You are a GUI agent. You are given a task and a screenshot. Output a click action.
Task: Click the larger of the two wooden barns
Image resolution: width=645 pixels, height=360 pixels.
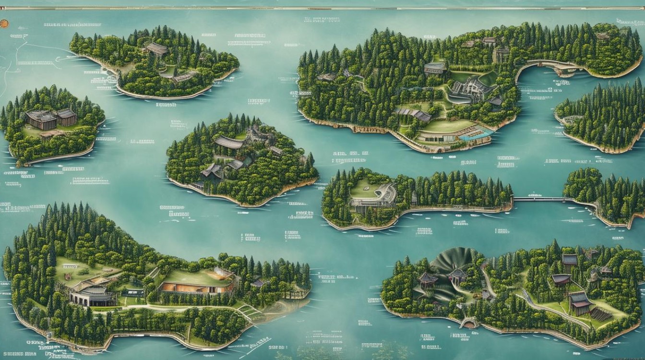pyautogui.click(x=41, y=120)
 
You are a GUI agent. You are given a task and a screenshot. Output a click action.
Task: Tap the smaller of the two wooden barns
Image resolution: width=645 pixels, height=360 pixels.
pyautogui.click(x=67, y=116)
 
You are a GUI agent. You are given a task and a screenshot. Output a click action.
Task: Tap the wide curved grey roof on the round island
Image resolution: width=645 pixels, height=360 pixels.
pyautogui.click(x=229, y=142)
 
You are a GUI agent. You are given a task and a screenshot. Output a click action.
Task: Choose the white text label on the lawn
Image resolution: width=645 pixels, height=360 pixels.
pyautogui.click(x=67, y=265)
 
